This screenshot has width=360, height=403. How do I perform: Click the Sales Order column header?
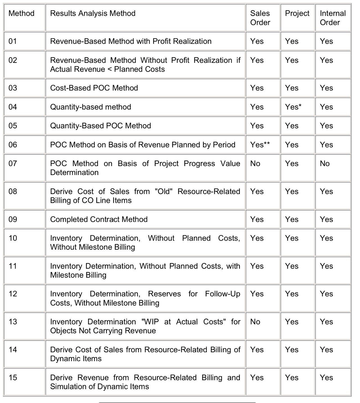pyautogui.click(x=260, y=18)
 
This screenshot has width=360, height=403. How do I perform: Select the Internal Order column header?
pyautogui.click(x=333, y=18)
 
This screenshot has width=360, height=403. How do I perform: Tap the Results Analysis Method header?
pyautogui.click(x=93, y=13)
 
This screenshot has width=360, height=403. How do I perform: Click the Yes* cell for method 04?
pyautogui.click(x=293, y=107)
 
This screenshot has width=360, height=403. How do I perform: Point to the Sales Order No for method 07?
pyautogui.click(x=255, y=163)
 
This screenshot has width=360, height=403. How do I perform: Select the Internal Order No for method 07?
pyautogui.click(x=325, y=163)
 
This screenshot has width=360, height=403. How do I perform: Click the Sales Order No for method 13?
pyautogui.click(x=255, y=322)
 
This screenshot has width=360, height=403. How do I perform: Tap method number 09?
pyautogui.click(x=13, y=219)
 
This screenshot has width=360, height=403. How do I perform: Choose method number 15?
pyautogui.click(x=13, y=377)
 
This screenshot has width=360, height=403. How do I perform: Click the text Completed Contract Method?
pyautogui.click(x=99, y=219)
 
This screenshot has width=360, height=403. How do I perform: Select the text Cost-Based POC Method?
pyautogui.click(x=94, y=88)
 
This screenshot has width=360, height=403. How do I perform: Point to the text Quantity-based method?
pyautogui.click(x=90, y=107)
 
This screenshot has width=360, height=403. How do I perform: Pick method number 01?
pyautogui.click(x=13, y=41)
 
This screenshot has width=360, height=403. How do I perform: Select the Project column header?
pyautogui.click(x=297, y=13)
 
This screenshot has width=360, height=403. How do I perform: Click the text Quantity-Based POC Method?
pyautogui.click(x=100, y=126)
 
